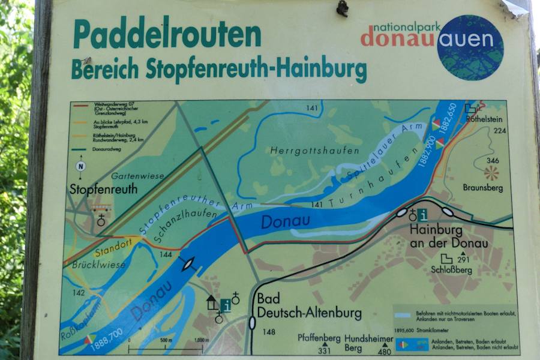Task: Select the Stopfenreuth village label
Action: (x=103, y=190)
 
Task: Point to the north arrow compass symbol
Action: (x=80, y=166)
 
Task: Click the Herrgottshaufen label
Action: (x=314, y=151)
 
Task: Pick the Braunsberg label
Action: (x=481, y=187)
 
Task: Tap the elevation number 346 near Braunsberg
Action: (x=493, y=161)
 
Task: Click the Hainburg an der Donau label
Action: (x=448, y=236)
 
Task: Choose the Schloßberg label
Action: (x=451, y=271)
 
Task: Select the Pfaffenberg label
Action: (x=319, y=338)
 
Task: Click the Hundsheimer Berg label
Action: (x=368, y=343)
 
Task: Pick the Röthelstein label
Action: (x=484, y=119)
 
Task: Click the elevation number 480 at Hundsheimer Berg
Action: (x=385, y=352)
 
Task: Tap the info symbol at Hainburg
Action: (x=422, y=215)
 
